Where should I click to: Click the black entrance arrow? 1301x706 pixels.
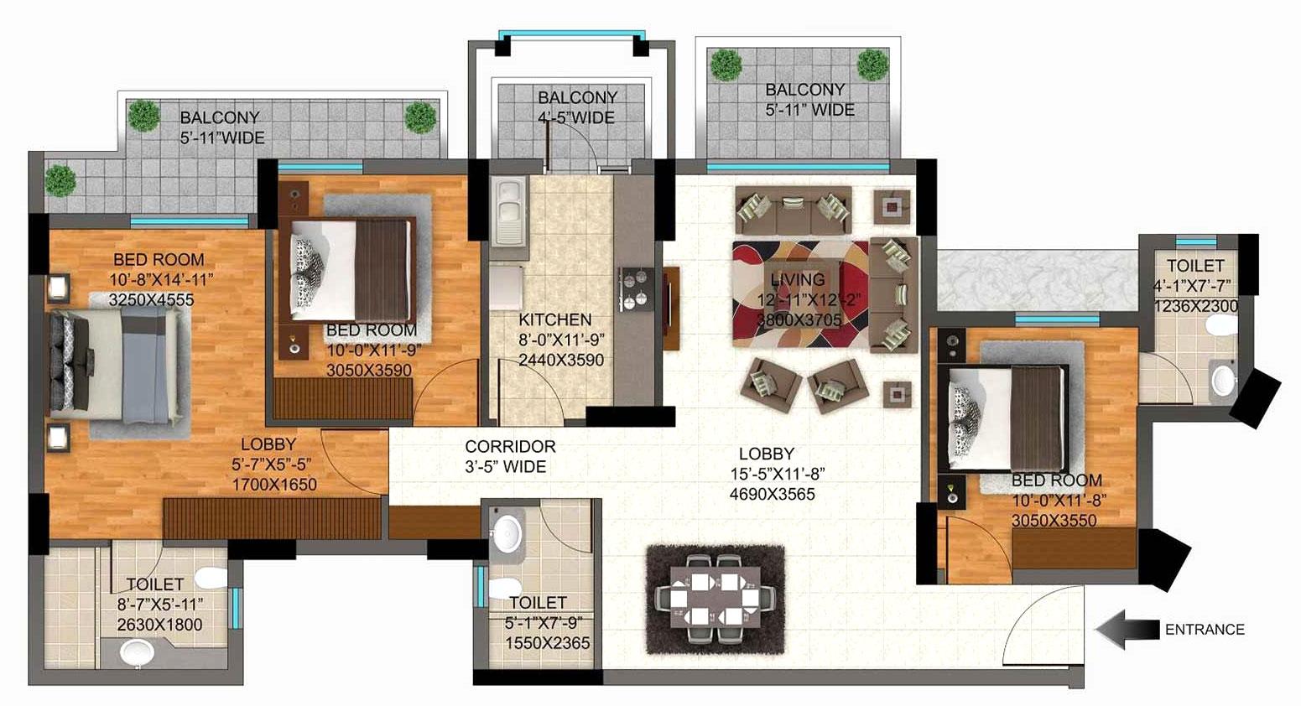[1123, 630]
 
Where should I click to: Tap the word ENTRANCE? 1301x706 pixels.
[1204, 630]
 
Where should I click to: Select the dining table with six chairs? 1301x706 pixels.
[715, 599]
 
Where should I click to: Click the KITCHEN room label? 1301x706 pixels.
[554, 319]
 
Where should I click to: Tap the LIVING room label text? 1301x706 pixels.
[797, 280]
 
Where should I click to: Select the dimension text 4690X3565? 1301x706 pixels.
[772, 495]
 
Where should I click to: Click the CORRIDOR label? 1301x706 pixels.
[510, 447]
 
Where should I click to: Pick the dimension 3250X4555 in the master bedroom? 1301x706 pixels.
[151, 299]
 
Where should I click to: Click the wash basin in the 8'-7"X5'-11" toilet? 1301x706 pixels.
[137, 652]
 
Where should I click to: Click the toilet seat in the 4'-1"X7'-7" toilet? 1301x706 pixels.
[1223, 380]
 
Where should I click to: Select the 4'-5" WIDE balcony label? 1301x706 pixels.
[577, 108]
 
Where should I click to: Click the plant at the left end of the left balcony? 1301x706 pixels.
[60, 179]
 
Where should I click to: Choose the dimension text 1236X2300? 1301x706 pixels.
[1195, 307]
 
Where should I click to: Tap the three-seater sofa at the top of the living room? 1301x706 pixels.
[793, 209]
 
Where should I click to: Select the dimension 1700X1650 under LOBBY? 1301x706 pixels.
[274, 484]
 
